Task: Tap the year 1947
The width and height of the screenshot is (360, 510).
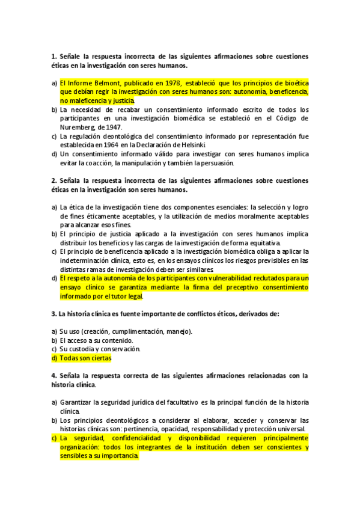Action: tap(112, 127)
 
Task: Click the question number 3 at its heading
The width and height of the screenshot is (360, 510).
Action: tap(53, 313)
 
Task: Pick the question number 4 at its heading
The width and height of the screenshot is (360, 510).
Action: tap(53, 375)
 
